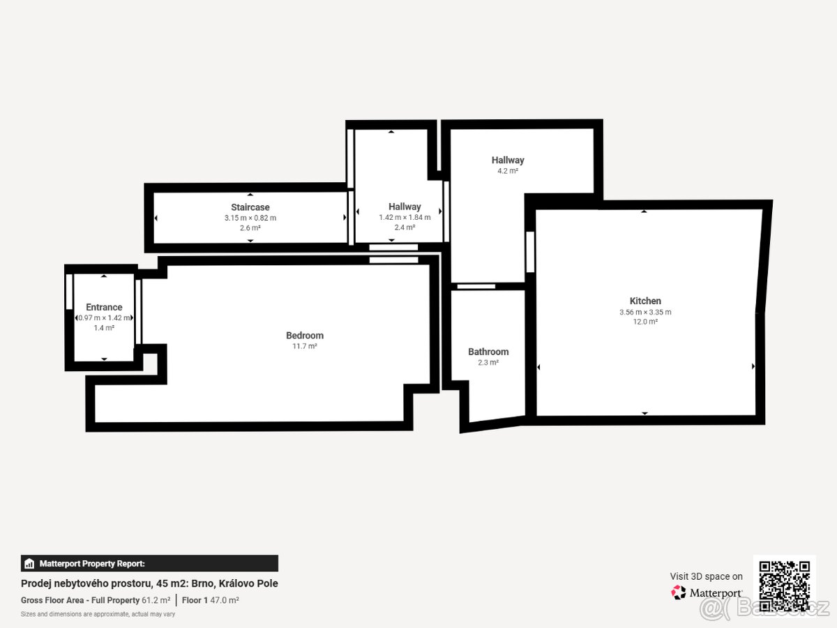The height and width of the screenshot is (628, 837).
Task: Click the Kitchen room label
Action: pyautogui.click(x=645, y=301)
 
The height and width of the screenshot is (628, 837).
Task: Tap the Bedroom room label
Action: pyautogui.click(x=305, y=335)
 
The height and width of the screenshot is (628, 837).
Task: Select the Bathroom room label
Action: pyautogui.click(x=488, y=352)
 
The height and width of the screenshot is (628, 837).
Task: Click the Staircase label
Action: pyautogui.click(x=250, y=207)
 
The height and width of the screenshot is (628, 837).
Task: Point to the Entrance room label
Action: pyautogui.click(x=104, y=307)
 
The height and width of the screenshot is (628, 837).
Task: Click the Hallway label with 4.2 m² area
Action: pyautogui.click(x=507, y=160)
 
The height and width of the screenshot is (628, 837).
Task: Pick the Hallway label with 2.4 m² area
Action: pyautogui.click(x=405, y=207)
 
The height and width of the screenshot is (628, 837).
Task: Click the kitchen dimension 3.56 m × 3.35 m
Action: pyautogui.click(x=645, y=312)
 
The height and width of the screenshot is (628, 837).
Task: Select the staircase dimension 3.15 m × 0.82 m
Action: pyautogui.click(x=250, y=218)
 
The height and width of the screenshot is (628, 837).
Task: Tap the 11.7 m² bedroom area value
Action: pyautogui.click(x=305, y=346)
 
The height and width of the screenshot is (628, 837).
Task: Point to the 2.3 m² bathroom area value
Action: pyautogui.click(x=488, y=363)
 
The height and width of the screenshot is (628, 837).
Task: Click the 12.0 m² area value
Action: pyautogui.click(x=645, y=322)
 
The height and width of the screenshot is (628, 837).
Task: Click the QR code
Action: pyautogui.click(x=784, y=586)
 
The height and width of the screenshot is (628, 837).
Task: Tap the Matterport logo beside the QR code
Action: pyautogui.click(x=707, y=592)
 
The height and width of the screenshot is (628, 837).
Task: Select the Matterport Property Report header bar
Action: pyautogui.click(x=149, y=563)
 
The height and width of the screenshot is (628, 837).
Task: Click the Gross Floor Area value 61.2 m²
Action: pyautogui.click(x=156, y=600)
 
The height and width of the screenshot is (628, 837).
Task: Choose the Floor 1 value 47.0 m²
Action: pyautogui.click(x=225, y=600)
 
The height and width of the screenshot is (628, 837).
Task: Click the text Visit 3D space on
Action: pyautogui.click(x=706, y=576)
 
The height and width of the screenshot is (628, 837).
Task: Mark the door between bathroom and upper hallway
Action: pyautogui.click(x=476, y=286)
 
